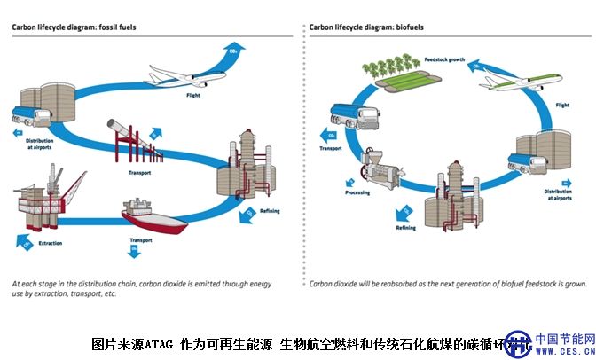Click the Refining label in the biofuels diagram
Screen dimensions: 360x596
click(x=404, y=227)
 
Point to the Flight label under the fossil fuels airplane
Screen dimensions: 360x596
click(x=193, y=94)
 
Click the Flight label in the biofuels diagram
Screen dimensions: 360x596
click(x=562, y=104)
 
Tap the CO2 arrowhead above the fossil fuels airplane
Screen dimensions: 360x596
click(x=234, y=51)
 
